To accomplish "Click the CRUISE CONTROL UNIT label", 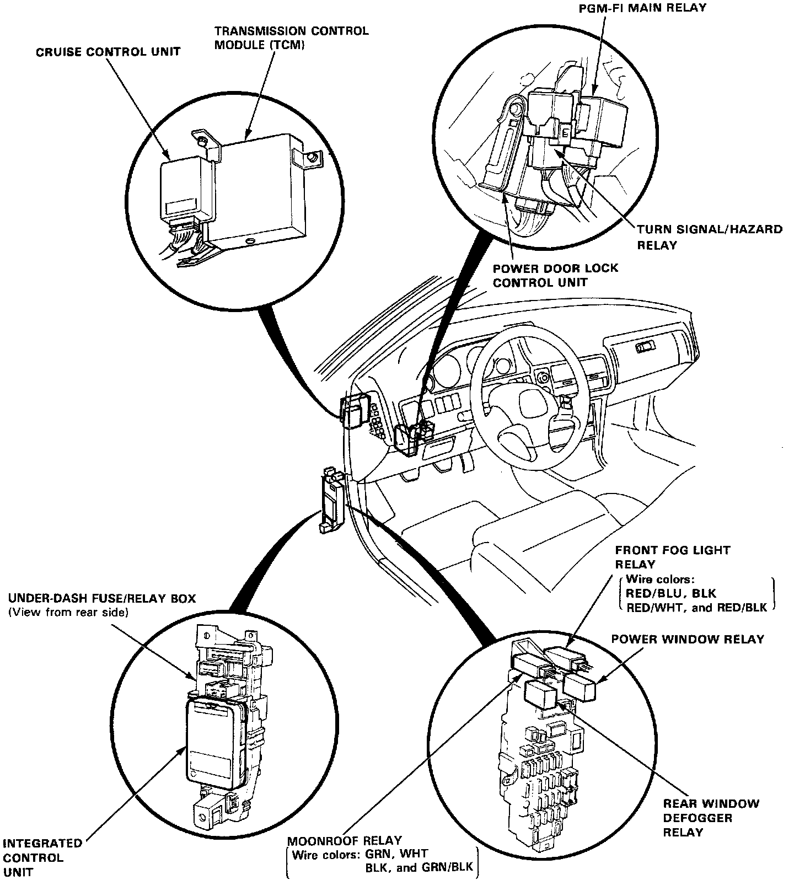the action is [108, 52].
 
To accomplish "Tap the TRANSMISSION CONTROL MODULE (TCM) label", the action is [291, 38].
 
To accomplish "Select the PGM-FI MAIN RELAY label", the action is [642, 8].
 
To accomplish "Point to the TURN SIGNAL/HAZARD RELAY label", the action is [709, 237].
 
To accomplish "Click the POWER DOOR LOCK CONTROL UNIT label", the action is [555, 275].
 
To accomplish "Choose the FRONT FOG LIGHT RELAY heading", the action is [672, 557].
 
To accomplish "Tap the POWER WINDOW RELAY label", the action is [688, 639].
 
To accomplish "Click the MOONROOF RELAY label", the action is [344, 841].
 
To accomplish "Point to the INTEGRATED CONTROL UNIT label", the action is [42, 858].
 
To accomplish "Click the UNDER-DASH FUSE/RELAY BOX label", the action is [101, 599].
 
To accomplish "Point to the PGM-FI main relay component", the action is [601, 126].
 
